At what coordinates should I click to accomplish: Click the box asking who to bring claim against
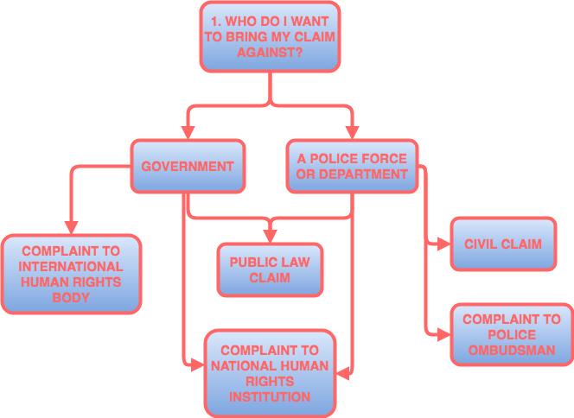pos(270,37)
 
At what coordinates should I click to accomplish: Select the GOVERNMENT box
pos(188,166)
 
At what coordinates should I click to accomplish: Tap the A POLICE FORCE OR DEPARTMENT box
pos(352,166)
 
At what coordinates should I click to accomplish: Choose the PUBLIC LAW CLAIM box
pos(270,269)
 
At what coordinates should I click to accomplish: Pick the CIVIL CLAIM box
pos(502,244)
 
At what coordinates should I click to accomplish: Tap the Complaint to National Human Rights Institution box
pos(270,373)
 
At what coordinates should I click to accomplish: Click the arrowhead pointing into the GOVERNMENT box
pos(188,132)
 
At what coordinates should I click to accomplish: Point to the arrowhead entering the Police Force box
pos(352,132)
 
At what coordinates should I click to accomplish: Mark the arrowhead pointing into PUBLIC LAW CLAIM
pos(270,235)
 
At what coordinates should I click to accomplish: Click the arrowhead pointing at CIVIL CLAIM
pos(443,244)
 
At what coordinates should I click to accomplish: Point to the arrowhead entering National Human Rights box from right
pos(342,373)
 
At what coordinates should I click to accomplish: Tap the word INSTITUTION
pos(270,397)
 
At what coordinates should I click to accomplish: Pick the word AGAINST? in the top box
pos(270,53)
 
